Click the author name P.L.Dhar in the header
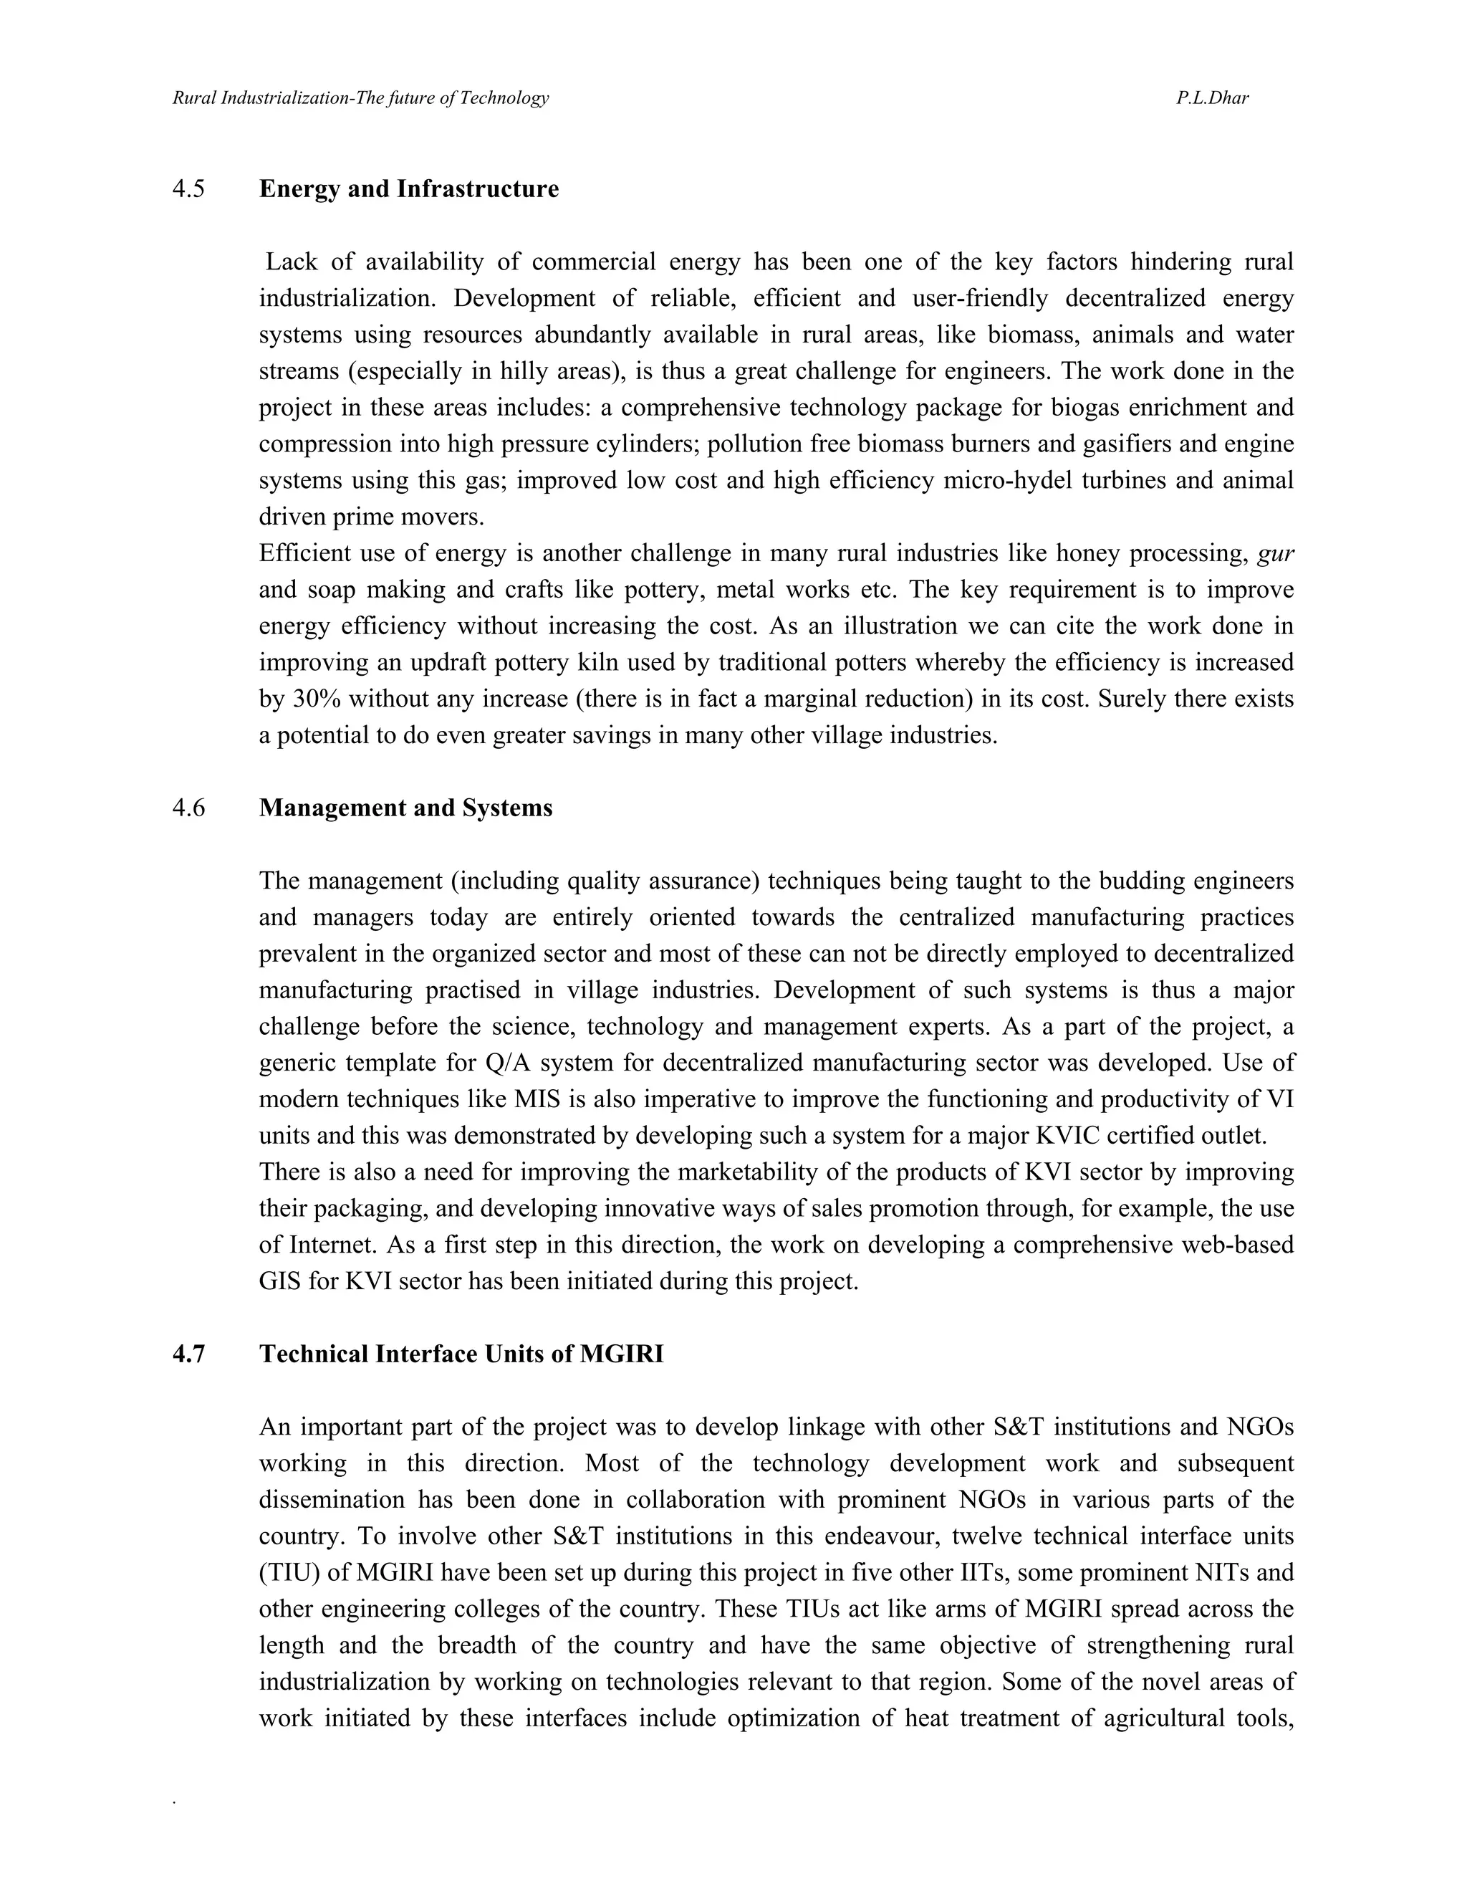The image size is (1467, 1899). tap(1213, 98)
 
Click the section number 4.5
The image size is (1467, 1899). tap(188, 188)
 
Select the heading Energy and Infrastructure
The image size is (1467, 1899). tap(408, 188)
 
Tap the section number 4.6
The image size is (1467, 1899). tap(188, 808)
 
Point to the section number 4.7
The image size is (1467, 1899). tap(188, 1354)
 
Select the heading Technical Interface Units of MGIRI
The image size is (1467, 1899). tap(461, 1354)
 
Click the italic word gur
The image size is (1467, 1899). tap(1276, 553)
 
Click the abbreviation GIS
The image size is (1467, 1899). tap(279, 1281)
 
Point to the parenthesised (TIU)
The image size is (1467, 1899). tap(287, 1572)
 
